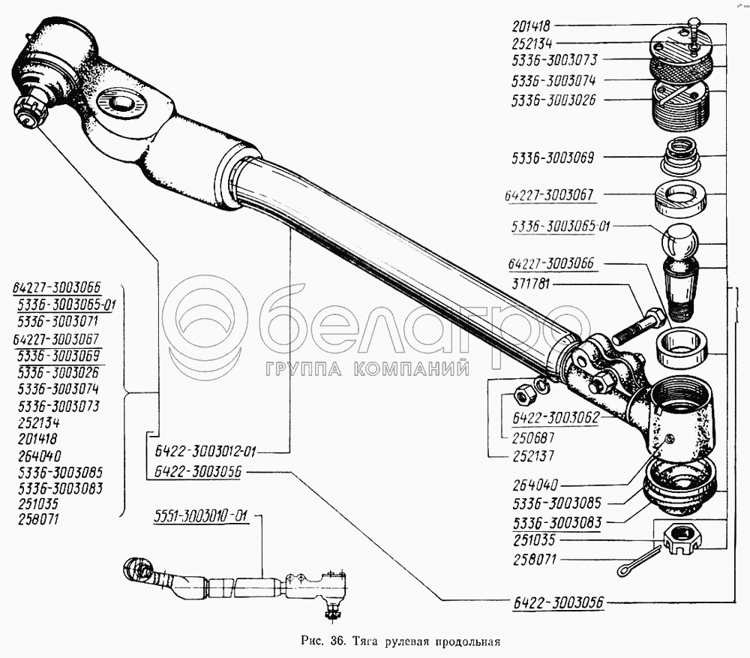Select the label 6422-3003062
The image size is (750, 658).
pyautogui.click(x=556, y=418)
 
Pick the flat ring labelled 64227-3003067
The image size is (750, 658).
pyautogui.click(x=679, y=199)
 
